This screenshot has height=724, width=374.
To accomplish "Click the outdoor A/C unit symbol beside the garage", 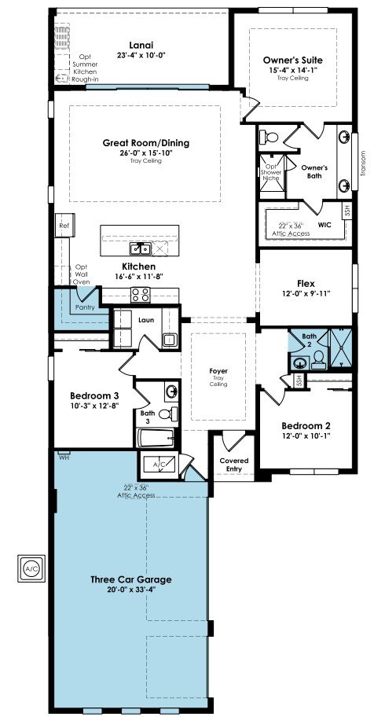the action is click(32, 568).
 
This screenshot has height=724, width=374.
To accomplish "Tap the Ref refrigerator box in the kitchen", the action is click(64, 226).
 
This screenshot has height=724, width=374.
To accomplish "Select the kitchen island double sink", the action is click(141, 249).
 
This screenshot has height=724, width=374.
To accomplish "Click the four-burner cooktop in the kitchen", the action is click(141, 295).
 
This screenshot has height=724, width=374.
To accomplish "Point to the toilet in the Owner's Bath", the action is click(268, 137).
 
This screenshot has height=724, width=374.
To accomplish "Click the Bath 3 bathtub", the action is click(156, 437).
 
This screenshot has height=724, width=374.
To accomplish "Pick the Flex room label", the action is click(306, 283).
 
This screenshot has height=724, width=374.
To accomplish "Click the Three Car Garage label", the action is click(130, 579).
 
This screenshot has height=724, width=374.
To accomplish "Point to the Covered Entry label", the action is click(233, 465).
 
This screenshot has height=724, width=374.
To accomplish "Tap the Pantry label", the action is click(85, 307).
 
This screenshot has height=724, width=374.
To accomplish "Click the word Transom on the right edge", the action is click(363, 164).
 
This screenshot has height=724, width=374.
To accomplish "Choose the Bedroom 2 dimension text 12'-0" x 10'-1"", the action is click(306, 436).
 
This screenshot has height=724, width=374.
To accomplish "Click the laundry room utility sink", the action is click(169, 340).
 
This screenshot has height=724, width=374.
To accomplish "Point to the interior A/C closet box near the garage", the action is click(159, 464).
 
